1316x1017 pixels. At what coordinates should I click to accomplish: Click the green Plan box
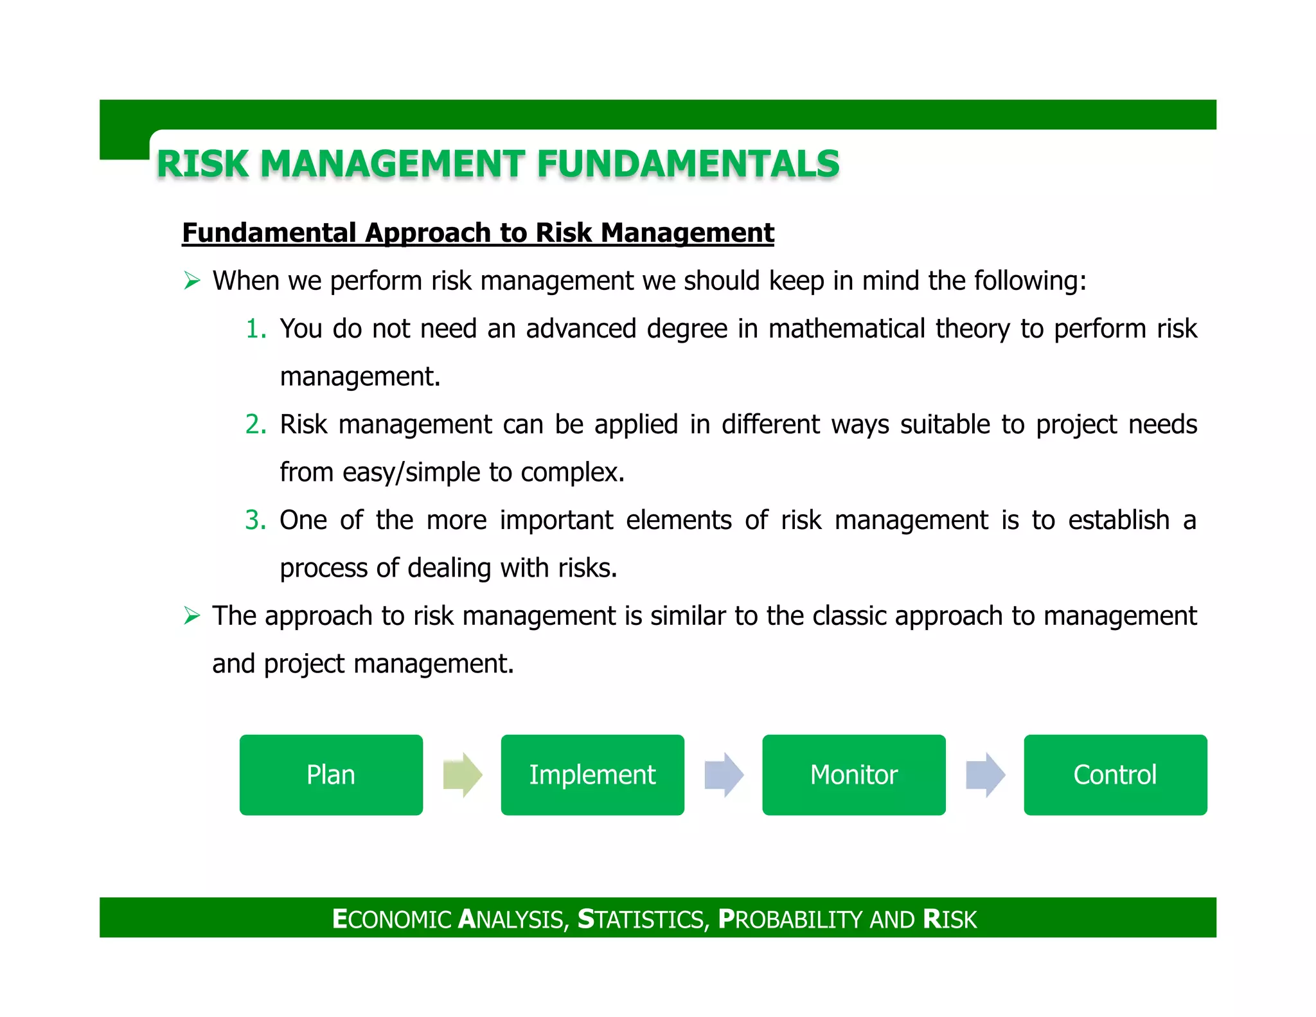tap(331, 775)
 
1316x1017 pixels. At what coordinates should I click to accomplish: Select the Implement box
tap(592, 775)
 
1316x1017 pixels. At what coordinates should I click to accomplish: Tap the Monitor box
tap(853, 775)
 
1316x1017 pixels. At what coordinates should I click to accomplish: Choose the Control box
tap(1115, 775)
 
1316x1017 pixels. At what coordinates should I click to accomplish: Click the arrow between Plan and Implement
tap(463, 775)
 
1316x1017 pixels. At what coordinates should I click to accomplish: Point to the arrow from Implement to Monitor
tap(724, 775)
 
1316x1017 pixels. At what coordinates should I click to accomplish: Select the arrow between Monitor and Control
tap(985, 775)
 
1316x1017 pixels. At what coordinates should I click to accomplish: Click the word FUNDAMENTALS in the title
tap(688, 164)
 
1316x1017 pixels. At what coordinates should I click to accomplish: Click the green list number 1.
tap(255, 329)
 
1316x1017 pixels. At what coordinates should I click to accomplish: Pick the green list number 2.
tap(255, 425)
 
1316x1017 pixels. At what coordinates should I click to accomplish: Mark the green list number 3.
tap(255, 520)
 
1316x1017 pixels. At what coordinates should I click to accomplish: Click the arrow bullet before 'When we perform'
tap(191, 281)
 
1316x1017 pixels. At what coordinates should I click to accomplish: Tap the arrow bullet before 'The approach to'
tap(191, 616)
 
